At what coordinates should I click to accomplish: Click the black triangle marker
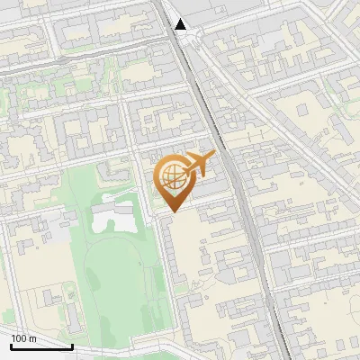pyautogui.click(x=181, y=24)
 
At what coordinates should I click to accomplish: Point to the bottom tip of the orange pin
pyautogui.click(x=171, y=211)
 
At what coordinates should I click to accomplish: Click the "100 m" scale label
pyautogui.click(x=23, y=338)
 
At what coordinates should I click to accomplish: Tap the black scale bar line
pyautogui.click(x=41, y=346)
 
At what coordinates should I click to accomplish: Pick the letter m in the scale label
pyautogui.click(x=32, y=338)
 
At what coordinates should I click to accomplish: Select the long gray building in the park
pyautogui.click(x=112, y=216)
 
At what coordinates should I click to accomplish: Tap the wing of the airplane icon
pyautogui.click(x=202, y=159)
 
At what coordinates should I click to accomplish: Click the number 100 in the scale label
pyautogui.click(x=19, y=338)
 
